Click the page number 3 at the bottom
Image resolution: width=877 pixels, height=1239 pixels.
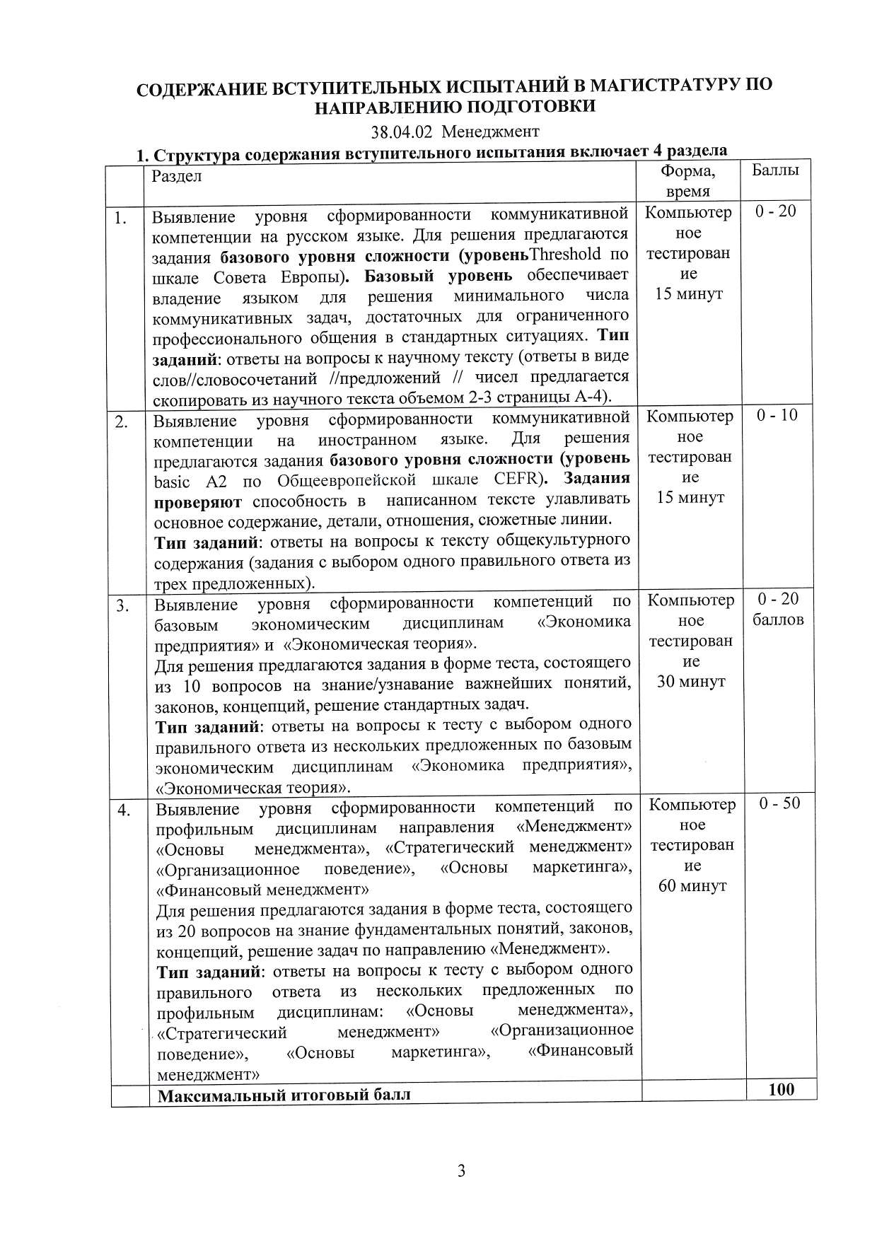[x=461, y=1171]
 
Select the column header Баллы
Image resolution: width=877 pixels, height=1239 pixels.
[x=775, y=171]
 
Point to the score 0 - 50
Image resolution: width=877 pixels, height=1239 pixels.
[x=780, y=803]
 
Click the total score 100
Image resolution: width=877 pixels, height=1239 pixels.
[x=781, y=1090]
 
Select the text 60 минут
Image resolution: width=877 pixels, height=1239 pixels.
[x=692, y=886]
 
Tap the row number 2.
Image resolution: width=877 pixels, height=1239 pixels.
[x=122, y=423]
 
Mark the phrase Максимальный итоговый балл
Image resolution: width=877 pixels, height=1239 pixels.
[x=284, y=1096]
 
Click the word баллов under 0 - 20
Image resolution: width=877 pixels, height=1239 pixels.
[x=778, y=620]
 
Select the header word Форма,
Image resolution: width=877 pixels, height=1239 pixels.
[x=687, y=171]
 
